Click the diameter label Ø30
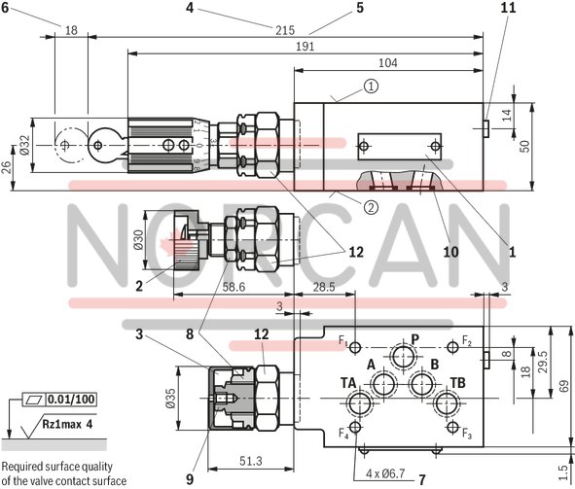(x=137, y=239)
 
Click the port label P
(x=414, y=339)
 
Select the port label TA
(x=347, y=383)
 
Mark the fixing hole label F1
(x=343, y=341)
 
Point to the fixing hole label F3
(x=466, y=433)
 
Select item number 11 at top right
(x=507, y=8)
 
